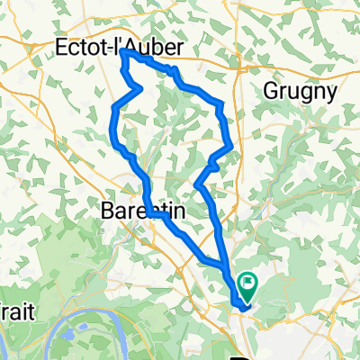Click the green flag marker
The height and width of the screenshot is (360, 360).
(247, 286)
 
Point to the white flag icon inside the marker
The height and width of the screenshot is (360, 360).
(247, 283)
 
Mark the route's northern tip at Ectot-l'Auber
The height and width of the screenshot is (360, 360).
(122, 53)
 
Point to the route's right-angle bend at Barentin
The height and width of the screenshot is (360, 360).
(154, 215)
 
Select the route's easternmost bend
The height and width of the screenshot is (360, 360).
(232, 144)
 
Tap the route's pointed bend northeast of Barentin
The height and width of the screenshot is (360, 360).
(196, 184)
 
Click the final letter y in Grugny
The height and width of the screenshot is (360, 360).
(330, 93)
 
